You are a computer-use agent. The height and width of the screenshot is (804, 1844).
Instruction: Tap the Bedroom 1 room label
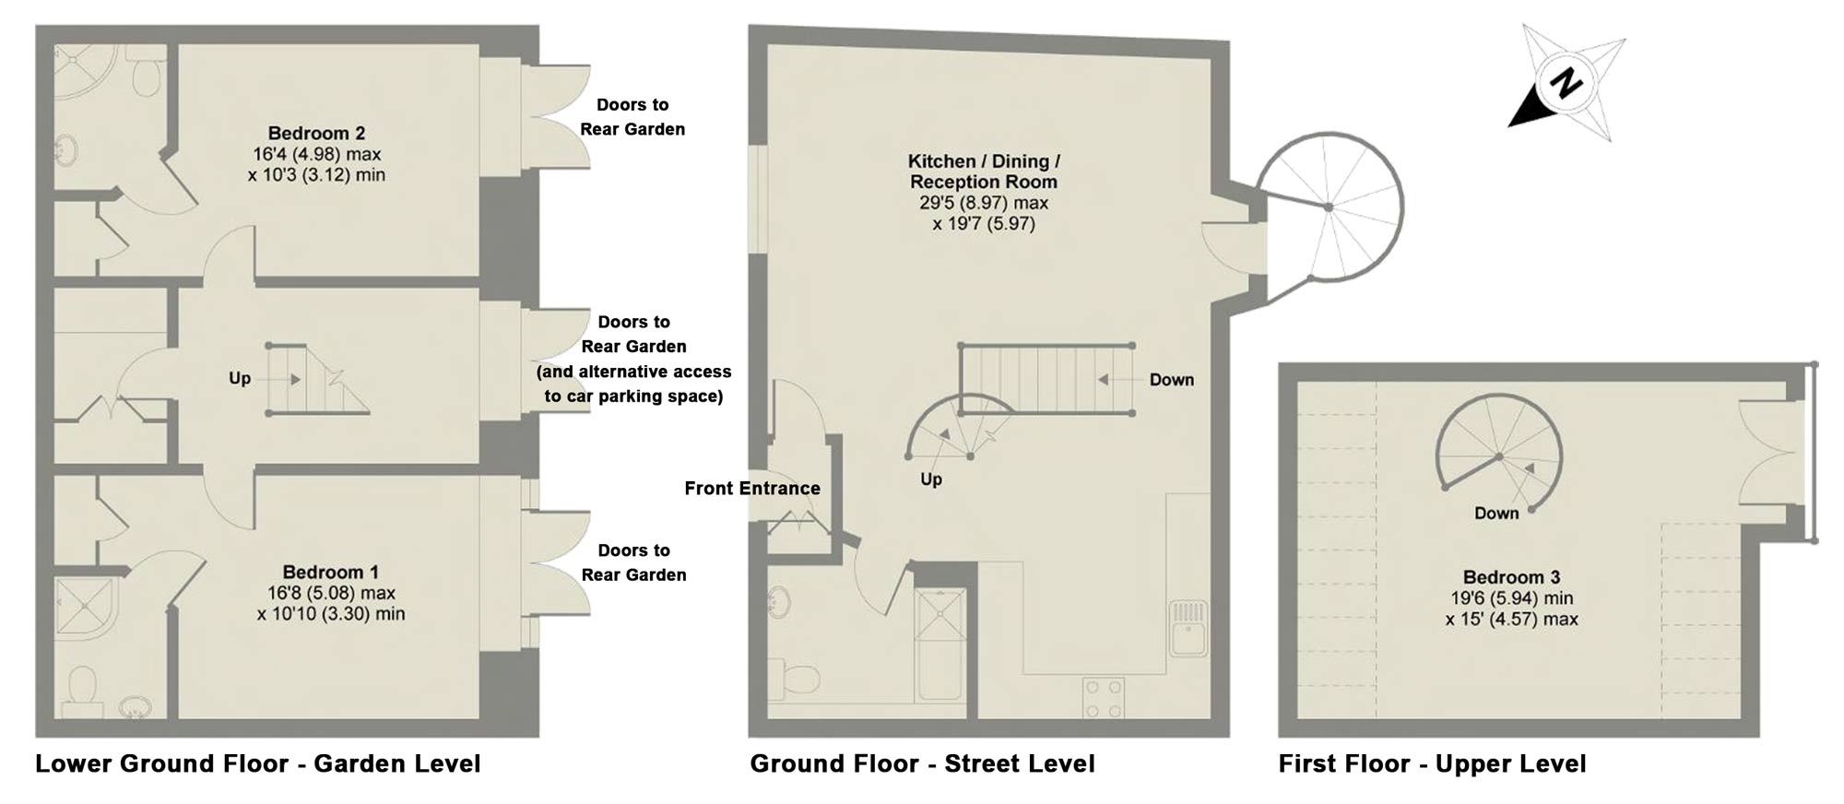[330, 572]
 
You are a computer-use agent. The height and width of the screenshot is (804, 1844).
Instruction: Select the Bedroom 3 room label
[1511, 577]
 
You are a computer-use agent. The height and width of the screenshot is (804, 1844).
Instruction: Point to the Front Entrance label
[752, 489]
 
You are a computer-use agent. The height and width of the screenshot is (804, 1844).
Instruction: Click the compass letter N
[1566, 84]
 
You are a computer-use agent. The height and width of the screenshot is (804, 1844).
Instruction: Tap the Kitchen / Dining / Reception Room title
[984, 171]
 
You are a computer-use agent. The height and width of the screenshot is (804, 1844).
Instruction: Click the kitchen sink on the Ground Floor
[1188, 628]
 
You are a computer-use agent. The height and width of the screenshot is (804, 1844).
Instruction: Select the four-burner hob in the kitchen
[1104, 698]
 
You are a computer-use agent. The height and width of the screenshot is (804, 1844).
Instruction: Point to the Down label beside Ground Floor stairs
[1171, 380]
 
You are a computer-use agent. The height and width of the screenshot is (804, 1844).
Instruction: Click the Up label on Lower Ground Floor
[240, 379]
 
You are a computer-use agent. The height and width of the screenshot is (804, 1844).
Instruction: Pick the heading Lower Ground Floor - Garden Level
[258, 763]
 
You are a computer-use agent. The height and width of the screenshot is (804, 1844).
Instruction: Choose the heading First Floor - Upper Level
[1432, 763]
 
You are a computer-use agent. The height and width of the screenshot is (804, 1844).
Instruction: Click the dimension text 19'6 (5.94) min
[1511, 598]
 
